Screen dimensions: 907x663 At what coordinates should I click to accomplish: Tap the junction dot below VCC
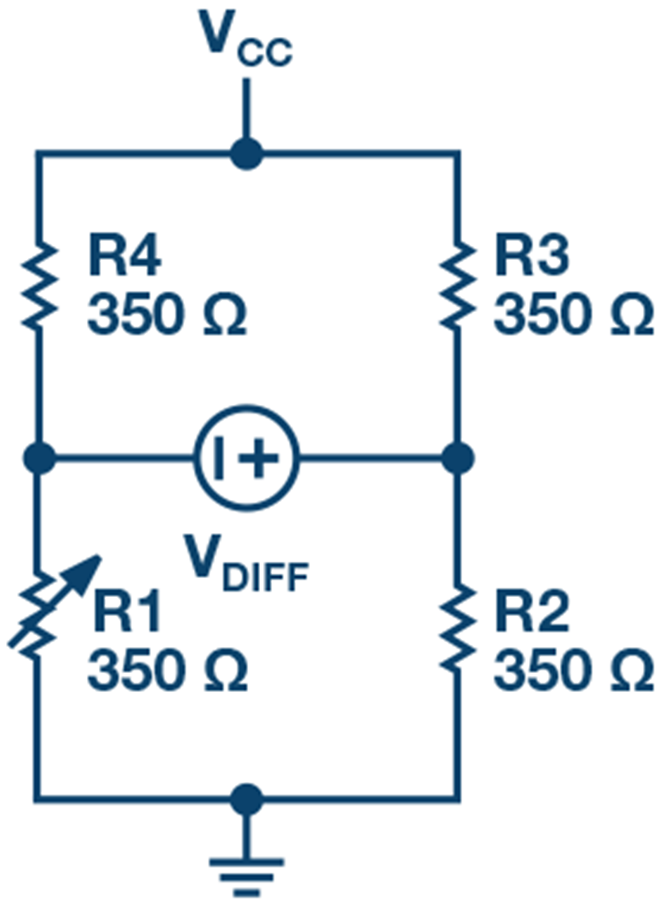[x=246, y=154]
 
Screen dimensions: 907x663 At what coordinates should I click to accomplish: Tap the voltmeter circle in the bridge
[x=247, y=458]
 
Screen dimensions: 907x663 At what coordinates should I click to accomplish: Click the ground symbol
[x=246, y=872]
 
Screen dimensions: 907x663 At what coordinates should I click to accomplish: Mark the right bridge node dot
[x=457, y=458]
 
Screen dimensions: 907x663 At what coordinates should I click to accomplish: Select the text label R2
[x=530, y=615]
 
